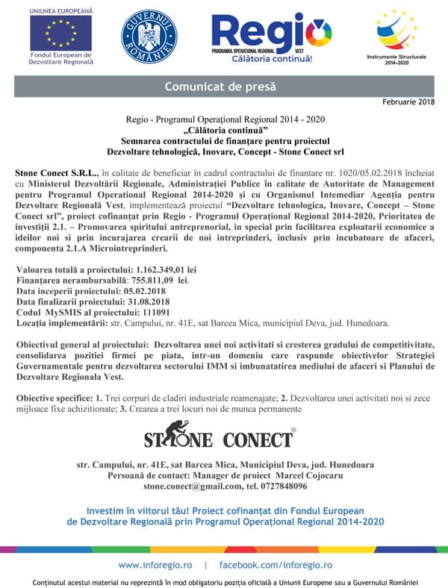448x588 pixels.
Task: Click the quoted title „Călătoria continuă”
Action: tap(225, 130)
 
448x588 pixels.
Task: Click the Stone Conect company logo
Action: tap(220, 437)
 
